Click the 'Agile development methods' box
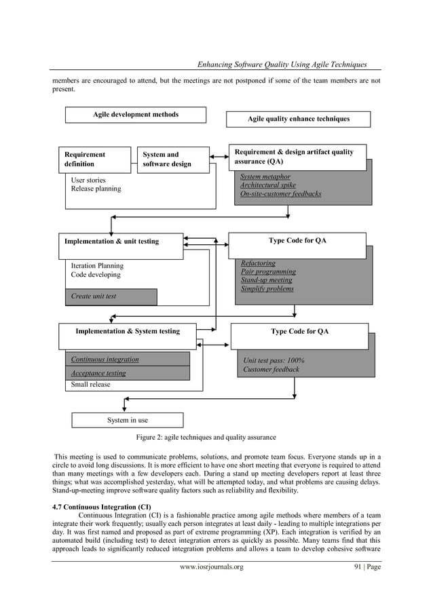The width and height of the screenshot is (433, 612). pyautogui.click(x=136, y=115)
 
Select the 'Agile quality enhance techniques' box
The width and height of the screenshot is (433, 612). pyautogui.click(x=299, y=119)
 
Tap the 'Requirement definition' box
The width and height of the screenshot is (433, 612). pyautogui.click(x=94, y=159)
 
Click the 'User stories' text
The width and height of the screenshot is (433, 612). pyautogui.click(x=88, y=180)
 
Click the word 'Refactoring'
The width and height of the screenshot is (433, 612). pyautogui.click(x=258, y=263)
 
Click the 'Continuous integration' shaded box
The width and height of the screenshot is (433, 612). pyautogui.click(x=126, y=359)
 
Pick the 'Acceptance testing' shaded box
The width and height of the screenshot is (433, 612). pyautogui.click(x=126, y=373)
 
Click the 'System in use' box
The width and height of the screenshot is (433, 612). pyautogui.click(x=128, y=421)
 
